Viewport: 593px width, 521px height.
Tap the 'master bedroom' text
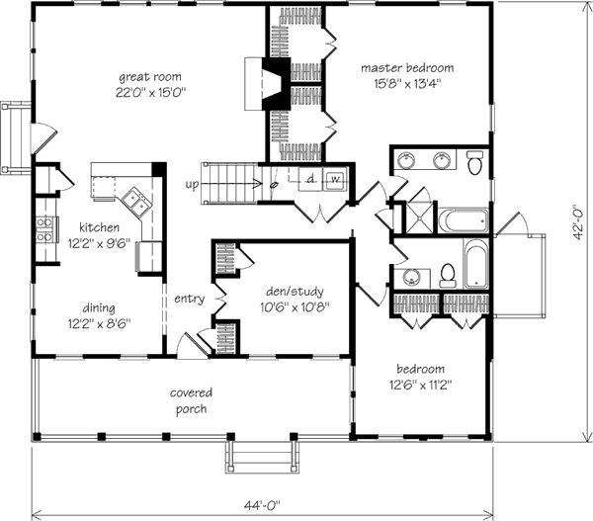pyautogui.click(x=407, y=68)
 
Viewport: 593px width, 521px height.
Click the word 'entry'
pyautogui.click(x=189, y=298)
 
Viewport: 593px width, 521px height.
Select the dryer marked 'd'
pyautogui.click(x=309, y=180)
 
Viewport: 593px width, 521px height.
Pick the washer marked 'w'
pyautogui.click(x=335, y=180)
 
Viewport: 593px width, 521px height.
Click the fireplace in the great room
pyautogui.click(x=264, y=82)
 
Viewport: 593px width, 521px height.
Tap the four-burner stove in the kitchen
pyautogui.click(x=44, y=229)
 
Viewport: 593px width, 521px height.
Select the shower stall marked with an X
pyautogui.click(x=420, y=217)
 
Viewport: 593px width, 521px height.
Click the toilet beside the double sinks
pyautogui.click(x=474, y=162)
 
